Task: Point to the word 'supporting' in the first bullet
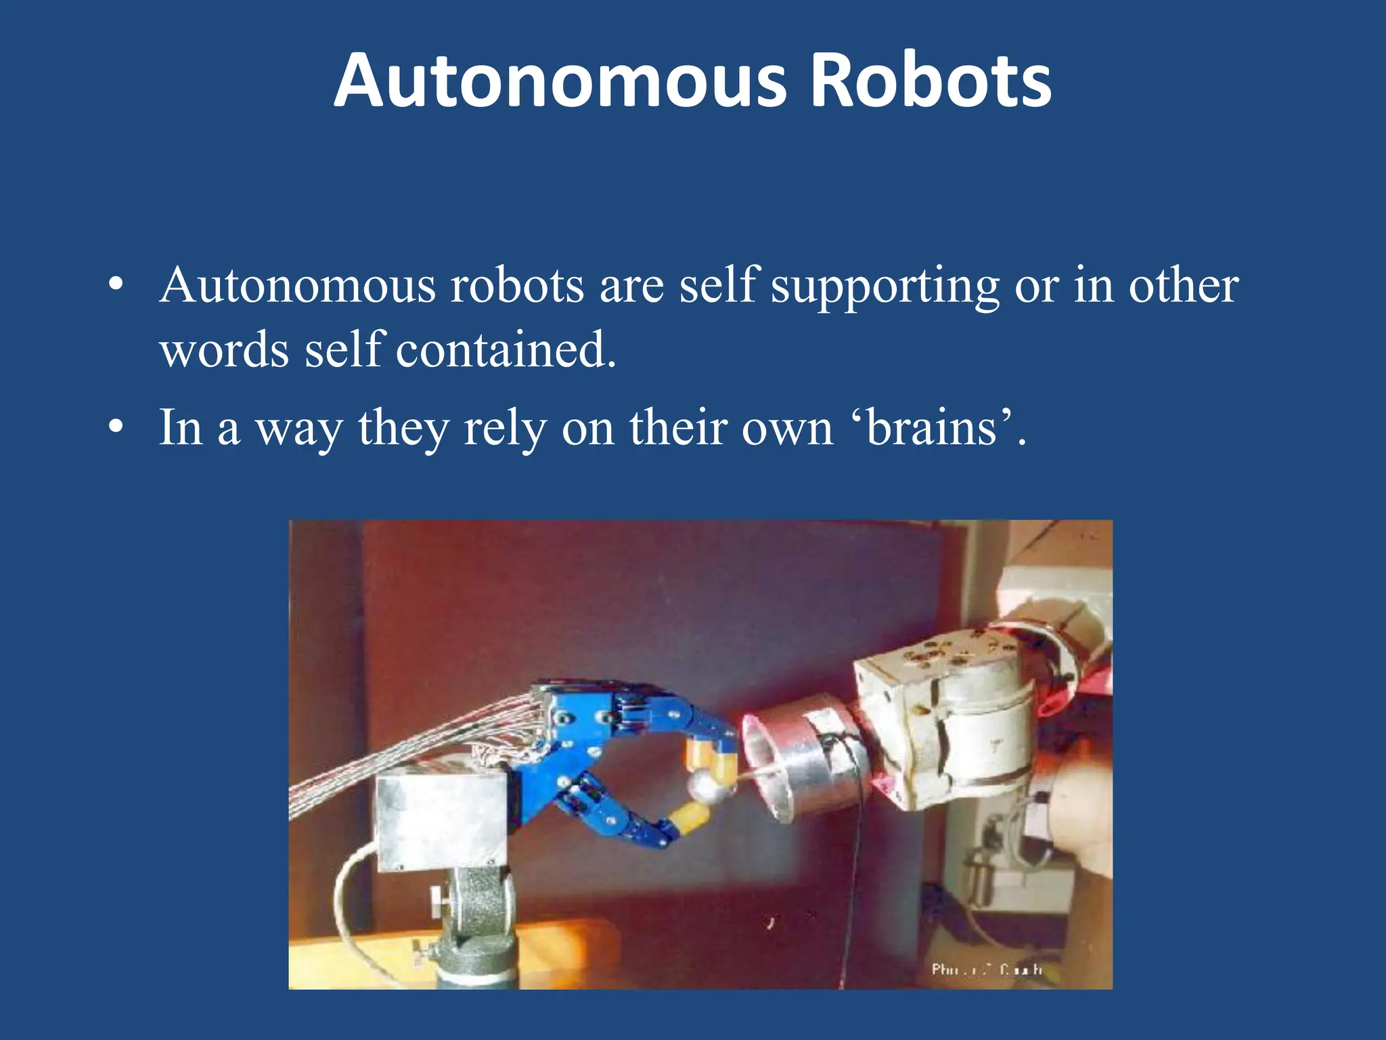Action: point(885,287)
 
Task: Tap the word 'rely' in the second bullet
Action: point(505,429)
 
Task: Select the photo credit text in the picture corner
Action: point(986,970)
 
